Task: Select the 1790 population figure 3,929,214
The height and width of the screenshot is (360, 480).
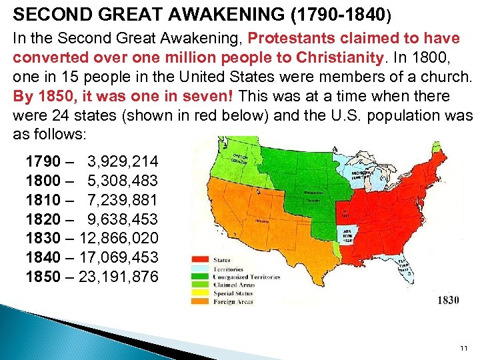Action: pos(123,161)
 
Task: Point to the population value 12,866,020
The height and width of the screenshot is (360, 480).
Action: pos(119,237)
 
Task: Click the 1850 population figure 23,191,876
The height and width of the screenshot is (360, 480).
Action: pos(119,275)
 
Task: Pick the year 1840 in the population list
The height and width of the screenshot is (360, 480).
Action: pos(41,257)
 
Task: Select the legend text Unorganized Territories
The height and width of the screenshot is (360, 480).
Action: pos(247,277)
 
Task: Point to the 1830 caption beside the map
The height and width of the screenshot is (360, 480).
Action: pos(448,300)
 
